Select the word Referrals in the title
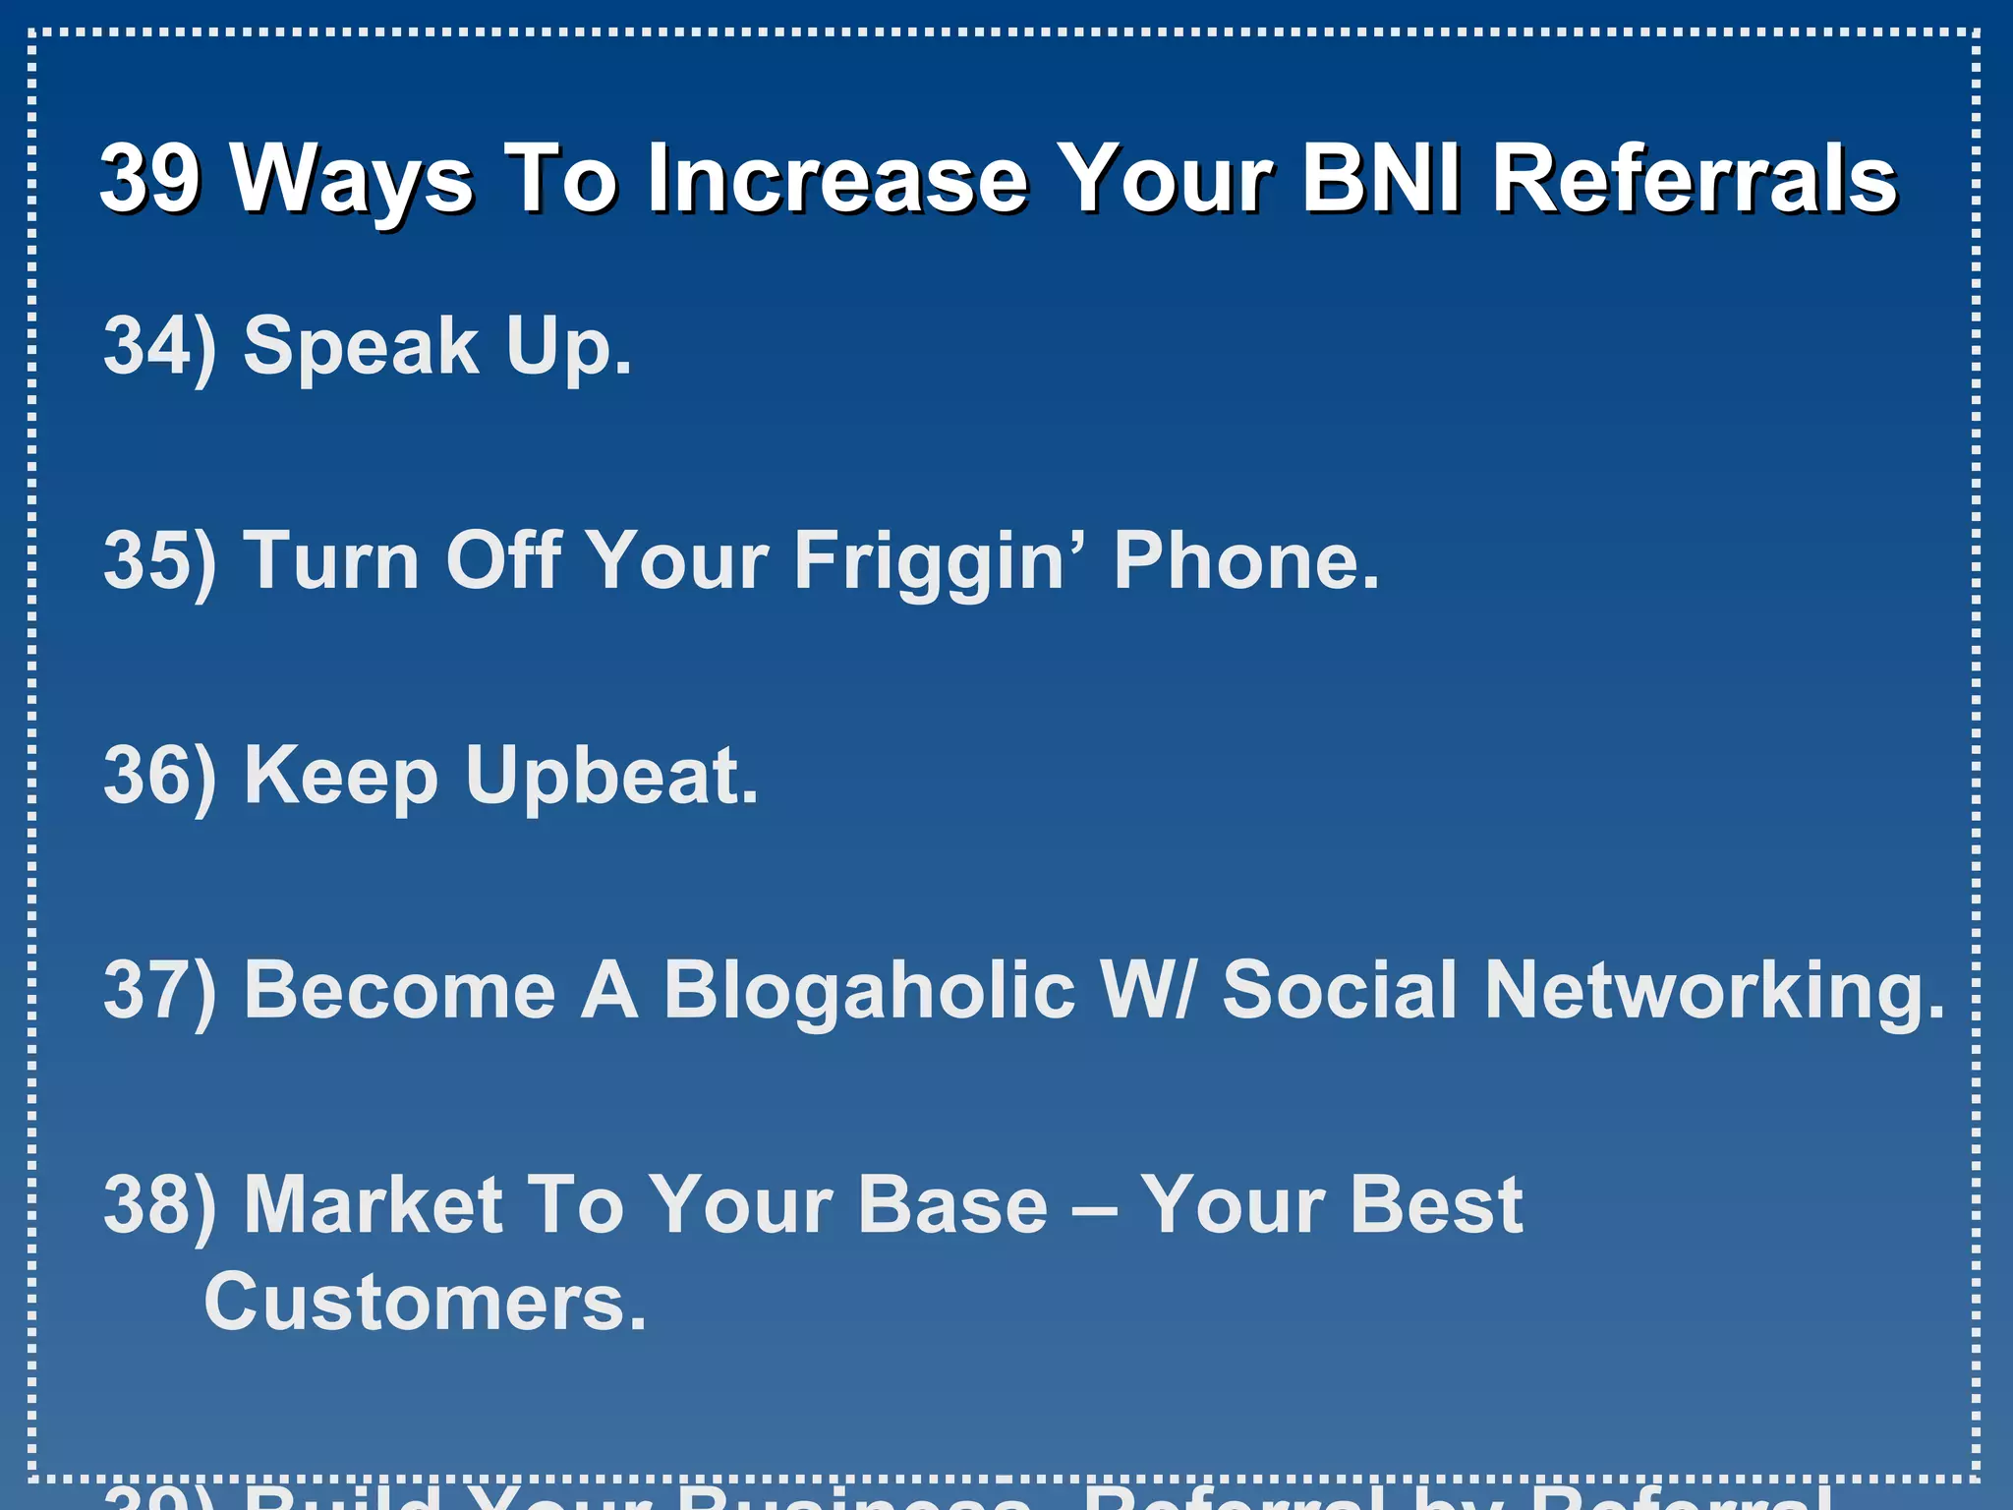(x=1694, y=178)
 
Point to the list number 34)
(x=159, y=346)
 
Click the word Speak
(x=361, y=346)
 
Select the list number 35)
(x=159, y=560)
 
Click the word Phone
(x=1245, y=560)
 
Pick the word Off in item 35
(x=503, y=560)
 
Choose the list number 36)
(x=159, y=775)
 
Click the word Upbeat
(x=611, y=775)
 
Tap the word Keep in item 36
(x=340, y=775)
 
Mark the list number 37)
(x=159, y=989)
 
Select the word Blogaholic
(x=869, y=989)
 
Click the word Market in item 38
(x=374, y=1204)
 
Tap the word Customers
(x=425, y=1301)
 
